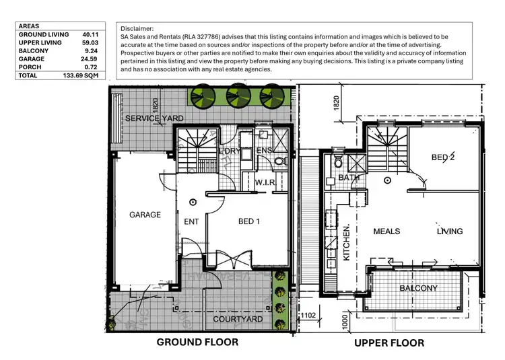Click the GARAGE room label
tap(145, 215)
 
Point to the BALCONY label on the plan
tap(418, 289)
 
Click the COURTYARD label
tap(238, 319)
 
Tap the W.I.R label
tap(266, 182)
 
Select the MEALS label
tap(386, 231)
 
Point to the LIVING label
tap(449, 231)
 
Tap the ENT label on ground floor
tap(191, 221)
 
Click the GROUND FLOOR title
tap(197, 342)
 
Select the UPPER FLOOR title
tap(389, 343)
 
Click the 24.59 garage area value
tap(90, 59)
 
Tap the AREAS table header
tap(29, 26)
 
